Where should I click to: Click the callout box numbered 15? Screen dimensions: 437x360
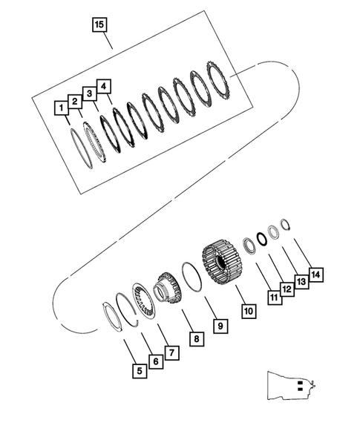[100, 25]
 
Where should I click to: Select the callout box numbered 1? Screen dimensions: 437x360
[59, 108]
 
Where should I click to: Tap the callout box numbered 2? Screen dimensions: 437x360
[74, 101]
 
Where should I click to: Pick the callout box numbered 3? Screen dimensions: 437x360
[88, 93]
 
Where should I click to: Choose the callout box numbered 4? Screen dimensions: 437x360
[104, 86]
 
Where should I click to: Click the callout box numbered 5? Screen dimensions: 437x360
[138, 369]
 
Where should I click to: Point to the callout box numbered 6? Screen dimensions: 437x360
[154, 361]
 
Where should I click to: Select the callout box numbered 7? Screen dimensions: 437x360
[171, 353]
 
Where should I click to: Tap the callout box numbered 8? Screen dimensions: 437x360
[195, 339]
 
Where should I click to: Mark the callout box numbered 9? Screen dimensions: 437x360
[220, 324]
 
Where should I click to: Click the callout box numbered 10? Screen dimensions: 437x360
[247, 310]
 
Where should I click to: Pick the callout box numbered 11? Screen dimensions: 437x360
[274, 298]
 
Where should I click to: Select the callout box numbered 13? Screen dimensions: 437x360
[301, 283]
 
